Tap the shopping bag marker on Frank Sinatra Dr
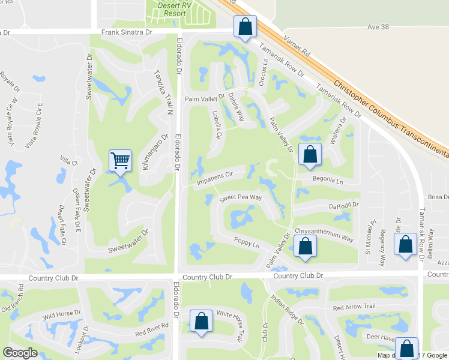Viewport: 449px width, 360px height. coord(245,27)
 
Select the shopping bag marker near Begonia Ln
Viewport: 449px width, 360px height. coord(309,155)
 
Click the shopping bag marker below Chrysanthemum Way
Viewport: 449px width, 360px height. coord(306,247)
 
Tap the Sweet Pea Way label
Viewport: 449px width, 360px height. coord(241,198)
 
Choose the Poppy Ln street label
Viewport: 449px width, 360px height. coord(247,244)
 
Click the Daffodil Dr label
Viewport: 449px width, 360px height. coord(343,205)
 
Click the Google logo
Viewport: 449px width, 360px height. coord(21,352)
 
